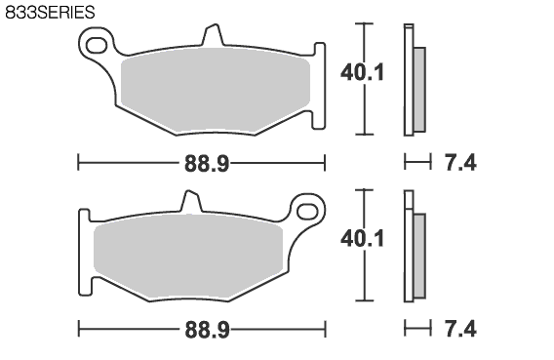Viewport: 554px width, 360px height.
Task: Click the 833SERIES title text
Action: click(x=50, y=12)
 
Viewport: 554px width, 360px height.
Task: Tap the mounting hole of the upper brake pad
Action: click(x=96, y=46)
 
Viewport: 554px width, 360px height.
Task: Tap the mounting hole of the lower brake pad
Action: click(x=307, y=212)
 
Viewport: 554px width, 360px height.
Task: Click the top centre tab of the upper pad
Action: click(x=213, y=34)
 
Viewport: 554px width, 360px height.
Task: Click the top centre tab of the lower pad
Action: click(x=191, y=201)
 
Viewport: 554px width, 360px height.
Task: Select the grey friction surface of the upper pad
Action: click(x=216, y=91)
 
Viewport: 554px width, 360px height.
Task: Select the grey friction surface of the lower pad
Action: click(x=188, y=257)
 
